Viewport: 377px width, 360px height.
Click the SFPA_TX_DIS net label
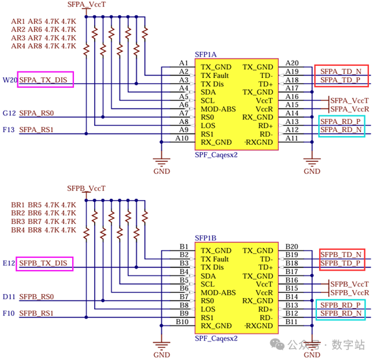coord(43,80)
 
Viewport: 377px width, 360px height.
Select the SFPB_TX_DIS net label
coord(43,263)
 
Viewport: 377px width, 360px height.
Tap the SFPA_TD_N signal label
coord(341,71)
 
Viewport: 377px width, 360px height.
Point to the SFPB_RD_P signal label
coord(340,305)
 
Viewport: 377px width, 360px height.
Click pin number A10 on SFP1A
coord(181,138)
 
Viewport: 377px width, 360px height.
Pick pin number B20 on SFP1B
coord(292,247)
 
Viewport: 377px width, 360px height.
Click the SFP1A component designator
coord(206,55)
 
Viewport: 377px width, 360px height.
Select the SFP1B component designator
coord(206,238)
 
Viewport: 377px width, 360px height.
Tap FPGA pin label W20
coord(10,80)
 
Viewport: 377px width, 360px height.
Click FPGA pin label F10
coord(9,313)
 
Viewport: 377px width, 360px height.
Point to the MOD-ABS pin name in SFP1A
coord(218,109)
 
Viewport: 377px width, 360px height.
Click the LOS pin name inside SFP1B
coord(208,309)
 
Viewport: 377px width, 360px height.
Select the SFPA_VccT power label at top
coord(87,5)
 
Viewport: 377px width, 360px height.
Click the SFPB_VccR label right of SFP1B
coord(350,293)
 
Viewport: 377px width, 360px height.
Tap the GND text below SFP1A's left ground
coord(162,171)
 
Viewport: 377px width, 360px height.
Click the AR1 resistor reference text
coord(18,21)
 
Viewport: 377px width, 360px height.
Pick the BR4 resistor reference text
coord(18,230)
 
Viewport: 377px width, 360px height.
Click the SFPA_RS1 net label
coord(36,130)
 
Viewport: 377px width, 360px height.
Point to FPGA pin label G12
coord(9,113)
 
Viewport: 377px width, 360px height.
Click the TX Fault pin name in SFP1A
coord(215,75)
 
